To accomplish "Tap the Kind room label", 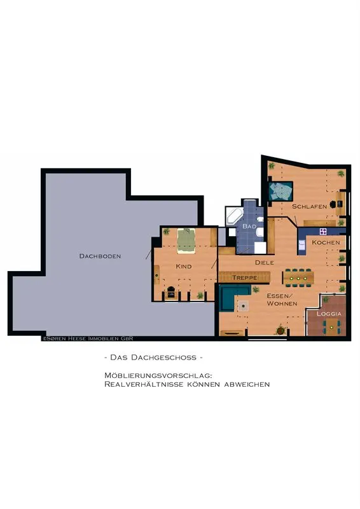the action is pyautogui.click(x=183, y=267).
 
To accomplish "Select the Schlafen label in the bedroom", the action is pyautogui.click(x=309, y=206).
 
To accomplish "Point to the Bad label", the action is pyautogui.click(x=249, y=227).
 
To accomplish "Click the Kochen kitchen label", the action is pyautogui.click(x=326, y=242).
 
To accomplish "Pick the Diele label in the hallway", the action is pyautogui.click(x=264, y=262).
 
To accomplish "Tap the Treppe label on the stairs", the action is pyautogui.click(x=245, y=278).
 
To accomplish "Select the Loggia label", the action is pyautogui.click(x=329, y=314).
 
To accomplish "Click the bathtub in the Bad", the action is pyautogui.click(x=234, y=216).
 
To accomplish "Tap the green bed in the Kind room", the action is pyautogui.click(x=186, y=241).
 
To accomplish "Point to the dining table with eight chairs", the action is pyautogui.click(x=298, y=277).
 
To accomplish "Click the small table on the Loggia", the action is pyautogui.click(x=331, y=327).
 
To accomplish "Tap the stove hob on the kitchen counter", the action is pyautogui.click(x=322, y=232).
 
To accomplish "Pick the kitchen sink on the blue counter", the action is pyautogui.click(x=302, y=245).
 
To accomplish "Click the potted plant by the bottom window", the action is pyautogui.click(x=280, y=330).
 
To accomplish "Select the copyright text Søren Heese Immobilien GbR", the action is pyautogui.click(x=88, y=338).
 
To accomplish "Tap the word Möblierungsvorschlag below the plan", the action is pyautogui.click(x=158, y=375).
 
